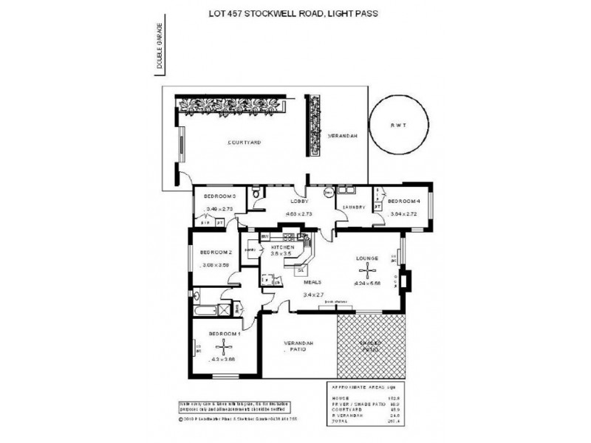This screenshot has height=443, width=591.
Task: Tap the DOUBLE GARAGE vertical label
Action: [x=160, y=51]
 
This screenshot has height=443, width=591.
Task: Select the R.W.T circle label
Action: [x=399, y=126]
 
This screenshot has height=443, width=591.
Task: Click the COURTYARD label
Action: [x=244, y=142]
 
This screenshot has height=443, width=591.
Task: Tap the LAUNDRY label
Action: [x=354, y=207]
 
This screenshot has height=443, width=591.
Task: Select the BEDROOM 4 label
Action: [x=403, y=201]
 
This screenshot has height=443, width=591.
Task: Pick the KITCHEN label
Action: [x=283, y=247]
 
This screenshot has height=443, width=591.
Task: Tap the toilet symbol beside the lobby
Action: [x=256, y=193]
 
